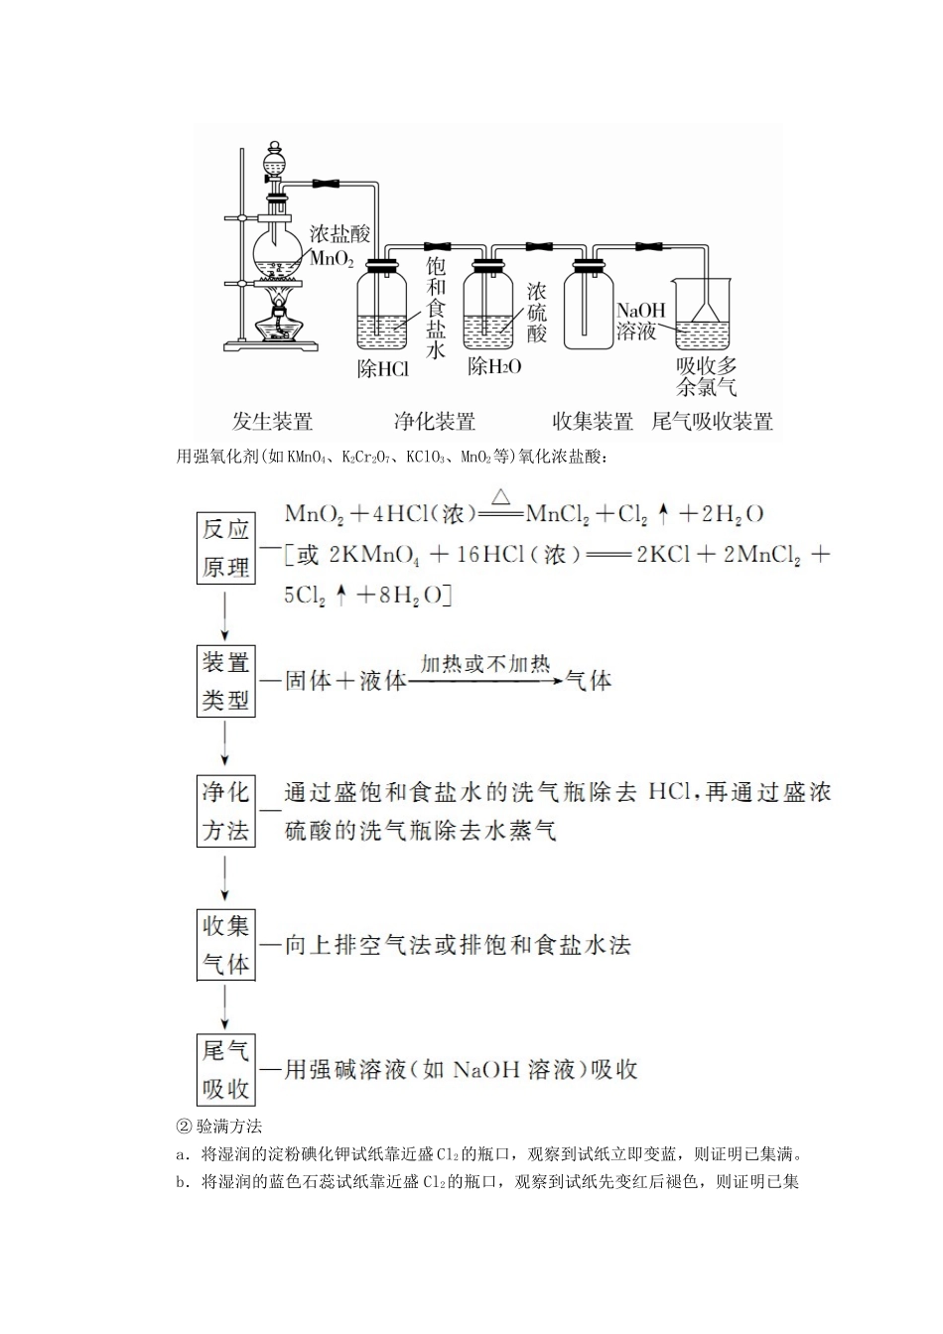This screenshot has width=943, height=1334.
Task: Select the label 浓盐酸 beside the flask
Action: click(x=339, y=234)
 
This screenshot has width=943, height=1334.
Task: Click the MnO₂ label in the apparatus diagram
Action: click(x=332, y=260)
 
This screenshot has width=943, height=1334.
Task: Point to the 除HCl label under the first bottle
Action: click(x=382, y=370)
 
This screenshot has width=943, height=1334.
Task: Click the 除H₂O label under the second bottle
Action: click(x=494, y=366)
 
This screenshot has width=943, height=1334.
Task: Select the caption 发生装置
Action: click(x=272, y=422)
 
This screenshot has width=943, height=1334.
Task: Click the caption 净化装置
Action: click(x=434, y=422)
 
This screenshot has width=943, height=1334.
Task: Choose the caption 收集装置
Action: click(x=593, y=422)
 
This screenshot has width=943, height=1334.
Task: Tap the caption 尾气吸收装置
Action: click(x=712, y=422)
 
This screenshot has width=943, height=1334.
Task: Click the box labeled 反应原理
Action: click(x=225, y=548)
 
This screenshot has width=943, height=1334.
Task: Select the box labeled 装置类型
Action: click(x=225, y=681)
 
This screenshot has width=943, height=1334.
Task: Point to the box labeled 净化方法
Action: click(x=225, y=811)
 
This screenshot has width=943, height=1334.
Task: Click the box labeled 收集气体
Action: click(x=225, y=945)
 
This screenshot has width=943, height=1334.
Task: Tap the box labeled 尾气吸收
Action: click(x=225, y=1070)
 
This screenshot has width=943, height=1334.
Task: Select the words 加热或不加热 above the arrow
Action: click(x=484, y=664)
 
